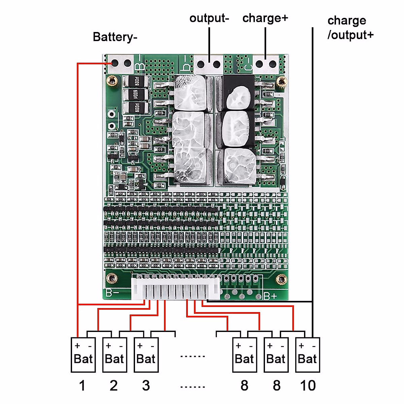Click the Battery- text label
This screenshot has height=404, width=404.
click(115, 37)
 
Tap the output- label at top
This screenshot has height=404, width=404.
click(209, 18)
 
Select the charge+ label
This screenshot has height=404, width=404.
click(265, 18)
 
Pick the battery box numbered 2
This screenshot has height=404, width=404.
click(114, 355)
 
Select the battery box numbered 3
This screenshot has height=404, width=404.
click(146, 355)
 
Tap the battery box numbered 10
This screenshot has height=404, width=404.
click(307, 355)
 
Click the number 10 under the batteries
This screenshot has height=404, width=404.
click(308, 386)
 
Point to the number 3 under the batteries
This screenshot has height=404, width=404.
click(146, 386)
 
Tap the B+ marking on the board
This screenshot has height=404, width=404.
click(270, 296)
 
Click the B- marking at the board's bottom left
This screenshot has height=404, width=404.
click(112, 293)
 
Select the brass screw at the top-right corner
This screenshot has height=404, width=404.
click(281, 81)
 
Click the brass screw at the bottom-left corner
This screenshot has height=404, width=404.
click(111, 278)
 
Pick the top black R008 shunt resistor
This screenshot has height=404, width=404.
click(136, 81)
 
